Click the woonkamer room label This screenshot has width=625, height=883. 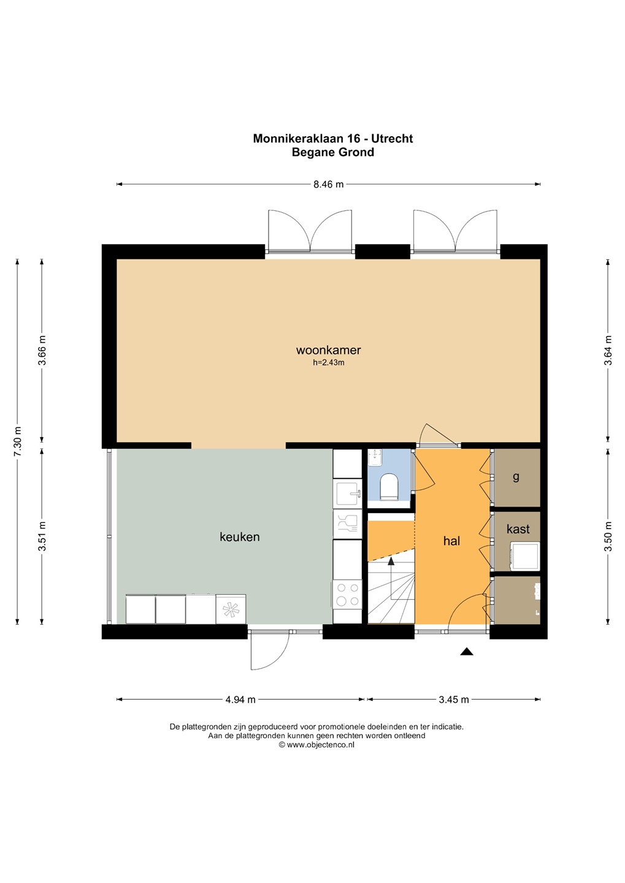(x=329, y=350)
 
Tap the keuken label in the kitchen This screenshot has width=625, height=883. (x=240, y=537)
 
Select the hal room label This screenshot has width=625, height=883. (x=451, y=541)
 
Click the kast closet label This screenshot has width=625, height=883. (x=518, y=529)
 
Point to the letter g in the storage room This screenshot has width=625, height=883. (x=516, y=478)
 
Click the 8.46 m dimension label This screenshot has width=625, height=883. (x=329, y=184)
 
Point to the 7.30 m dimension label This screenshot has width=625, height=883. (x=17, y=442)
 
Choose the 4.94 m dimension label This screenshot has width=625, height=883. (x=240, y=700)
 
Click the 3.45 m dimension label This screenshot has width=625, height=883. (x=453, y=700)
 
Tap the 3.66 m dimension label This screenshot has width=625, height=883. (x=42, y=351)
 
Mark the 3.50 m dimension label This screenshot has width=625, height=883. (x=608, y=537)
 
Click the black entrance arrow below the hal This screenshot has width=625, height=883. (x=467, y=651)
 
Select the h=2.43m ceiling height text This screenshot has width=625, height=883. (x=329, y=362)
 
